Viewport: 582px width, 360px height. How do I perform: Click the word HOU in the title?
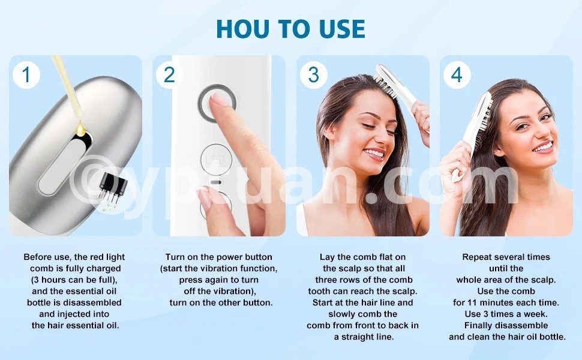click(x=243, y=29)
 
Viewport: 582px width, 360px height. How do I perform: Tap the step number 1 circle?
click(x=26, y=75)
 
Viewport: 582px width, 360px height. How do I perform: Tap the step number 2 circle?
click(x=169, y=75)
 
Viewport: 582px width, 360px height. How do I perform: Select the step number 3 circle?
click(x=313, y=75)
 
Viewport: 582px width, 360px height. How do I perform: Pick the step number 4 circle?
click(x=457, y=75)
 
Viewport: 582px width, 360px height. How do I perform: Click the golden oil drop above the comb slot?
click(x=80, y=128)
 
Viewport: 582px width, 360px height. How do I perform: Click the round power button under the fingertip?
click(x=217, y=103)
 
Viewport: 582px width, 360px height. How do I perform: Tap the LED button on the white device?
click(x=217, y=160)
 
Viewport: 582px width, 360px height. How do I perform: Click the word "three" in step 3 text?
click(x=326, y=280)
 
